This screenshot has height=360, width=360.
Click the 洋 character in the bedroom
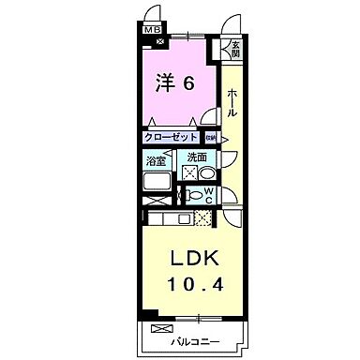(164, 82)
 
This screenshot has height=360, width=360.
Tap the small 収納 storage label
(211, 137)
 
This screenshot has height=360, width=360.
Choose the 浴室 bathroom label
(156, 160)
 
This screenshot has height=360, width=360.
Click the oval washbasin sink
(208, 174)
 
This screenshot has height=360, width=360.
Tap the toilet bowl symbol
(194, 197)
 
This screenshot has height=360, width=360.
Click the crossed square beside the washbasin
(189, 174)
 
